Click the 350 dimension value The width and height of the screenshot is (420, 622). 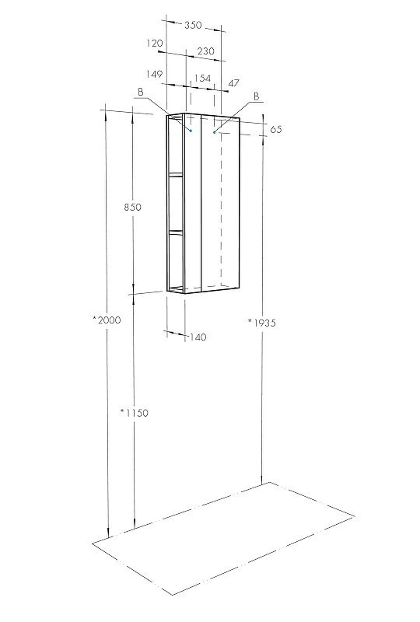pos(193,25)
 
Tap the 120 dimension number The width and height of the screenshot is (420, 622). pos(155,43)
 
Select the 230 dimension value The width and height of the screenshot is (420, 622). pos(205,51)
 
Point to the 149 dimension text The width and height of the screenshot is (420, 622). pos(155,74)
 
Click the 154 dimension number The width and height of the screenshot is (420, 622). pos(202,79)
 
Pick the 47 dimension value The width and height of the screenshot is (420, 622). pos(234,83)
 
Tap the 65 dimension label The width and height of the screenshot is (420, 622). pos(276,129)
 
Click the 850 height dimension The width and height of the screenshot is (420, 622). pos(132,207)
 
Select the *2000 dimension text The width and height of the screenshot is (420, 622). pos(107,320)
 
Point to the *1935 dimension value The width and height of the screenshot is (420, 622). pos(262,323)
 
